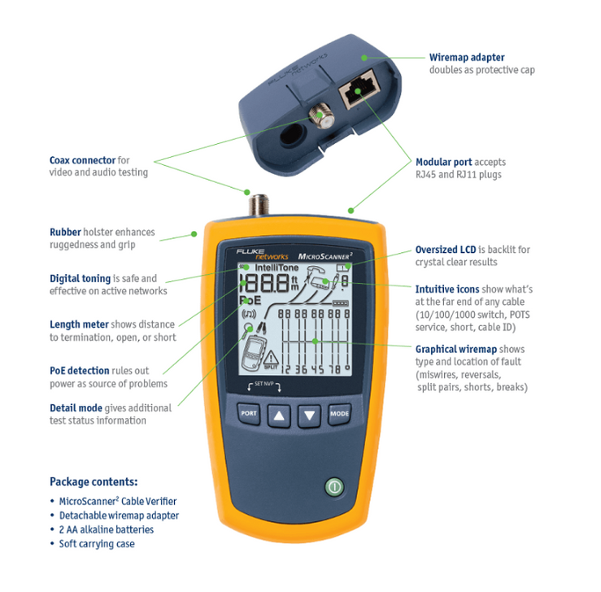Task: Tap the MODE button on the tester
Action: click(340, 414)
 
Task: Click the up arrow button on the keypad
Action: click(279, 415)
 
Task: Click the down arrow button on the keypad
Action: click(310, 415)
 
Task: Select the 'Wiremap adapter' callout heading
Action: click(466, 58)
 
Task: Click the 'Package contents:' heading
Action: click(94, 481)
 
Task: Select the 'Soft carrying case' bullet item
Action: click(97, 543)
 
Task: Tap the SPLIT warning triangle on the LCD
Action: click(271, 359)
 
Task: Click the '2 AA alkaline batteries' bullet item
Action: click(106, 529)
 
